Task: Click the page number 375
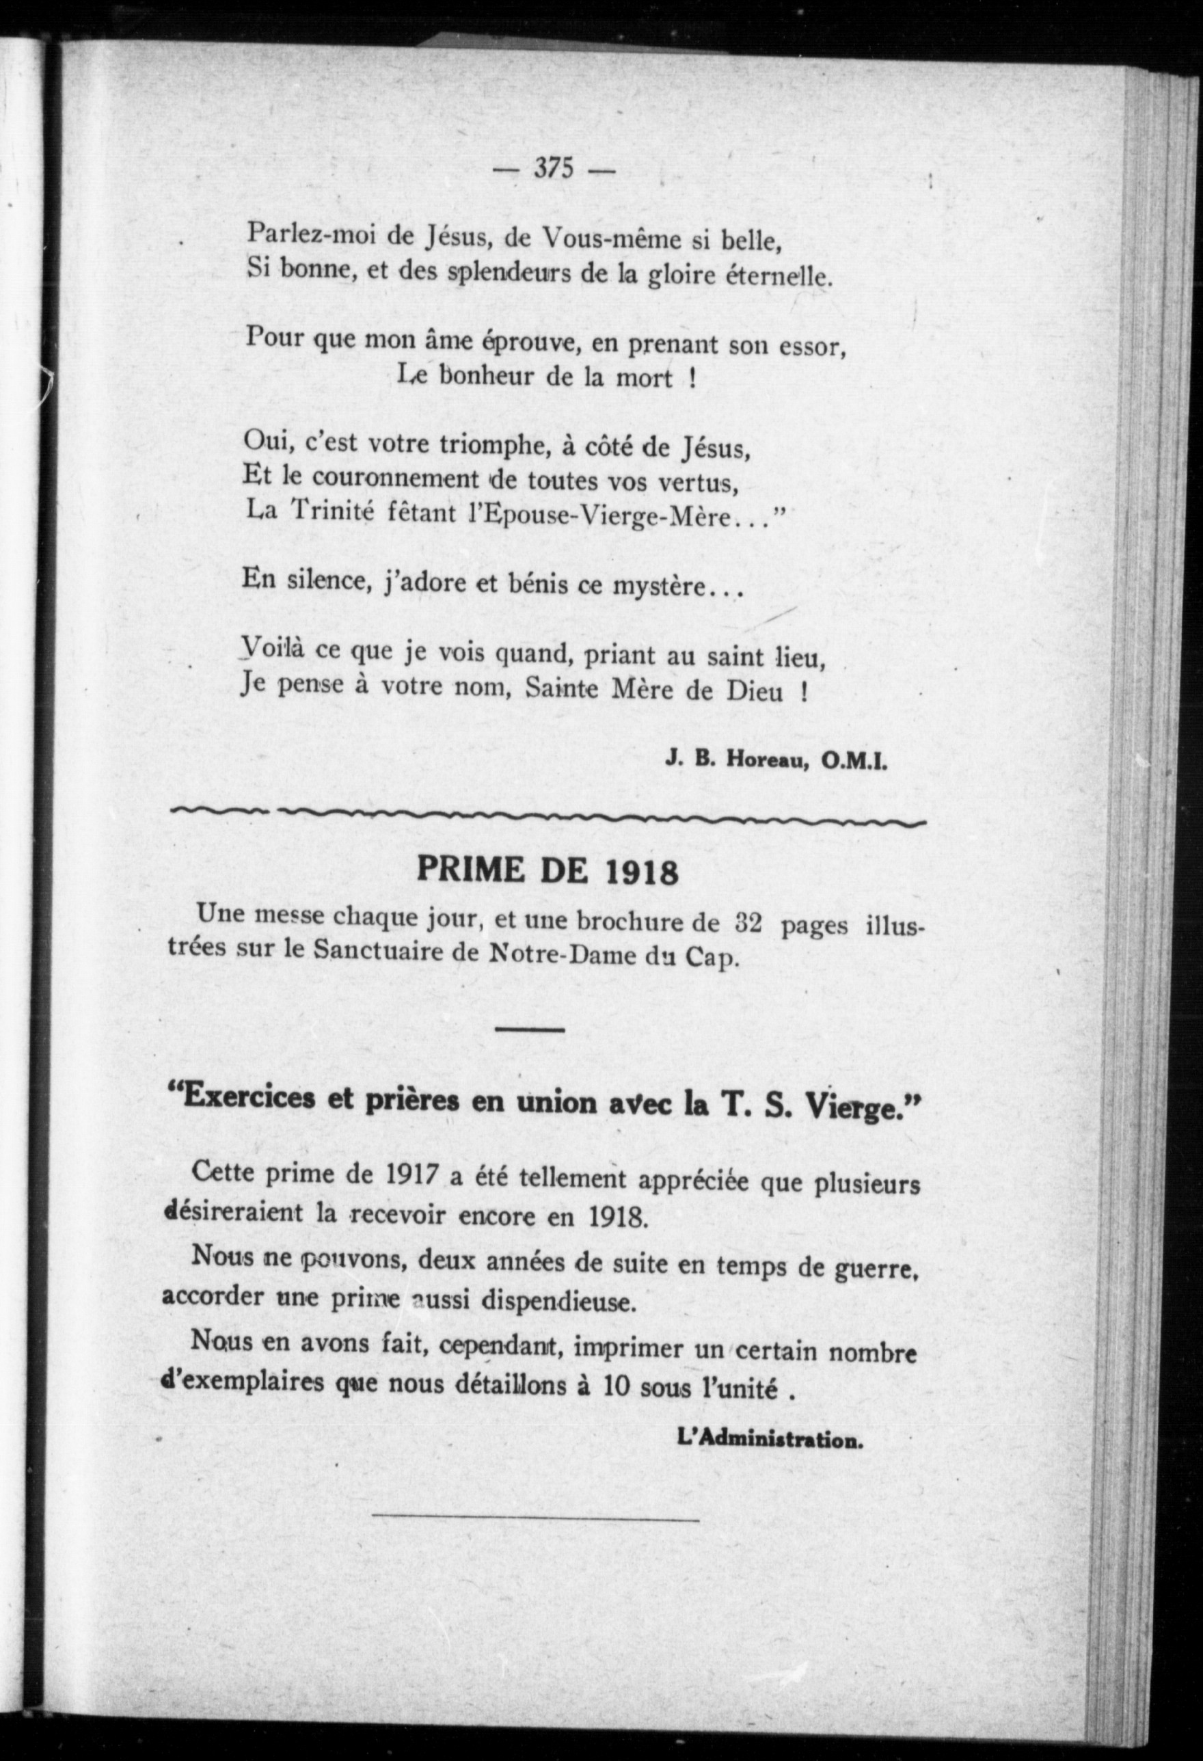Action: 554,168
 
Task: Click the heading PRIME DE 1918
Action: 548,872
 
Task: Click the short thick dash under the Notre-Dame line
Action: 530,1030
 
